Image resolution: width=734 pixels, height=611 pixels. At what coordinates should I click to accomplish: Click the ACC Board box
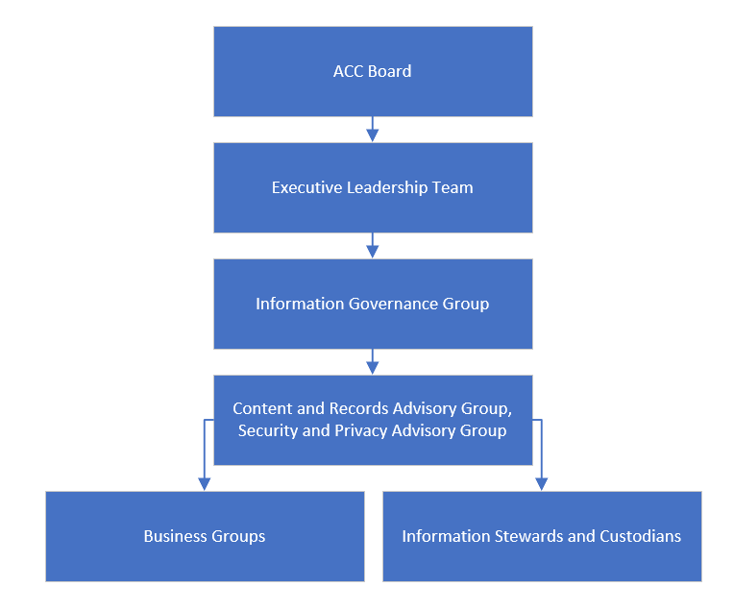pyautogui.click(x=373, y=71)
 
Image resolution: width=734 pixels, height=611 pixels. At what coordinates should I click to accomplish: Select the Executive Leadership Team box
pyautogui.click(x=373, y=187)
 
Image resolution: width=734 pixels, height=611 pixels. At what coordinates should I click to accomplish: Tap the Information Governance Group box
pyautogui.click(x=373, y=304)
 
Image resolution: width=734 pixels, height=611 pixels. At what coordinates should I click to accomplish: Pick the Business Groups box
pyautogui.click(x=205, y=536)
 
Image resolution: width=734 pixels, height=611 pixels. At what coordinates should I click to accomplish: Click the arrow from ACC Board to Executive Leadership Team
pyautogui.click(x=373, y=130)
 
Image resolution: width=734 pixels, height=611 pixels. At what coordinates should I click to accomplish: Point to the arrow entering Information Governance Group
pyautogui.click(x=373, y=246)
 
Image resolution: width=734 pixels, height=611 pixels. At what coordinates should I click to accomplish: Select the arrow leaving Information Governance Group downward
pyautogui.click(x=373, y=362)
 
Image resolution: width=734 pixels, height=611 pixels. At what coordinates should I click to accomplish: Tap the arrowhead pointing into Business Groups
pyautogui.click(x=204, y=484)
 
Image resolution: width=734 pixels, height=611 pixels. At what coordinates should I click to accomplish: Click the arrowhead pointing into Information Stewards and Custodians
pyautogui.click(x=541, y=484)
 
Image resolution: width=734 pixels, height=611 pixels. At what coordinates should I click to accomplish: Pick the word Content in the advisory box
pyautogui.click(x=262, y=407)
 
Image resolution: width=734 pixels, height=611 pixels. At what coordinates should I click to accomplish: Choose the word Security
pyautogui.click(x=268, y=430)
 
